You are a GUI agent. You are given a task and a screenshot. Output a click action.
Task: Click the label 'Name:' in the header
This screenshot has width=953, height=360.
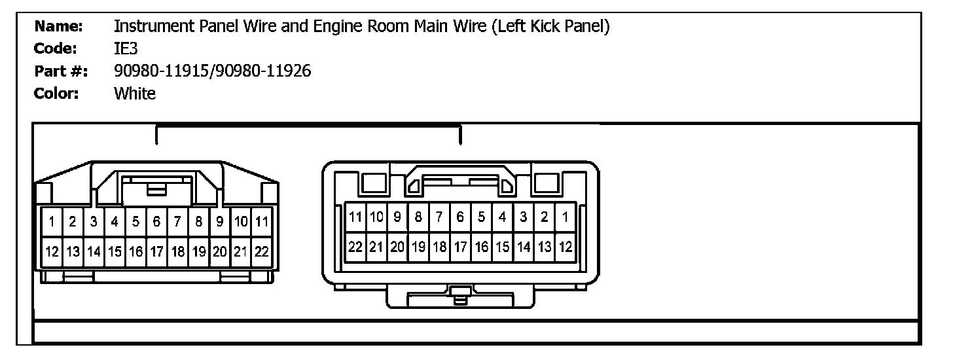click(58, 27)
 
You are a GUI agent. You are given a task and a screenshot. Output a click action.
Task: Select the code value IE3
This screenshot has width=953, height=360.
click(126, 49)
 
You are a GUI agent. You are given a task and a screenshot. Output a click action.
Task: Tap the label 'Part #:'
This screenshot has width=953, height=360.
click(63, 71)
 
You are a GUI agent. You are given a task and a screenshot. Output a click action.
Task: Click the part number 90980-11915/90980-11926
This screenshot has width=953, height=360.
click(212, 71)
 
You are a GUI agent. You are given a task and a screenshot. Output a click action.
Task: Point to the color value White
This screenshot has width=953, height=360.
click(135, 94)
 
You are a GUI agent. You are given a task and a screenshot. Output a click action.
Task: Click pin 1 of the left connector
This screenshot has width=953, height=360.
click(52, 222)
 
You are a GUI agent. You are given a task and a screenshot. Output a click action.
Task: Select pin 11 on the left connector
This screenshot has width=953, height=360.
click(262, 222)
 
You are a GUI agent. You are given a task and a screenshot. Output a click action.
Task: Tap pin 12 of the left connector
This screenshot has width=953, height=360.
click(52, 251)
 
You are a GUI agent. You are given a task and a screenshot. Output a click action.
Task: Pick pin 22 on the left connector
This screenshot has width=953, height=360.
click(262, 251)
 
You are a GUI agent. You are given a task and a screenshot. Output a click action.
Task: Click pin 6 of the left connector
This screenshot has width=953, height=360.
click(157, 222)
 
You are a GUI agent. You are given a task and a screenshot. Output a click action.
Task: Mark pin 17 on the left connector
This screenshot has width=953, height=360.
click(157, 251)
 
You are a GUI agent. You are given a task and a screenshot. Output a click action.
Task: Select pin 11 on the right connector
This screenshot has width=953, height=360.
click(355, 217)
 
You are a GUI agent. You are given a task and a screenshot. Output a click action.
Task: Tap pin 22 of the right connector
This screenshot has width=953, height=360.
click(355, 247)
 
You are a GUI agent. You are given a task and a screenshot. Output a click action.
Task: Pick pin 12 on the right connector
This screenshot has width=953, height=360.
click(566, 247)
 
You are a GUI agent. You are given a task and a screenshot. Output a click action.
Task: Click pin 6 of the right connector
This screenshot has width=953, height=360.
click(460, 217)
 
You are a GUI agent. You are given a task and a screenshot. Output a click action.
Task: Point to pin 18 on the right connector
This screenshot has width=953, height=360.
click(440, 247)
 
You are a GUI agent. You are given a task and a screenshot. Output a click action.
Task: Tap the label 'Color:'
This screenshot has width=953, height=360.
click(56, 94)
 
